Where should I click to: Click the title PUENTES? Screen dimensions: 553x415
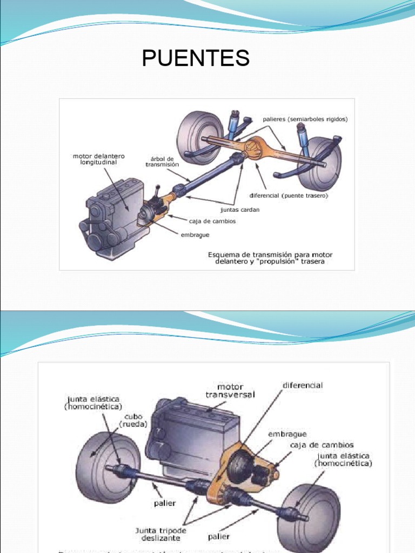196,58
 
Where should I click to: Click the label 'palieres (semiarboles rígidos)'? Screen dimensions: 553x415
305,119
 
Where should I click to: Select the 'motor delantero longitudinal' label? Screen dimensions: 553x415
95,159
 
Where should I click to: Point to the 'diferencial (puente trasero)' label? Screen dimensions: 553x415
288,196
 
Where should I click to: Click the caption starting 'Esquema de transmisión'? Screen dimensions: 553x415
270,258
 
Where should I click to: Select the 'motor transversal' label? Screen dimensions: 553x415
230,390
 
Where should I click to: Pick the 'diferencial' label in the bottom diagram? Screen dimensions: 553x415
303,385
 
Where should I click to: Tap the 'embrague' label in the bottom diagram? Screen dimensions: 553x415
287,434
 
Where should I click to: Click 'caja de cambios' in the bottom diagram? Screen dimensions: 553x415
322,444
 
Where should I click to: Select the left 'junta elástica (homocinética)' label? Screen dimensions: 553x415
91,402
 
